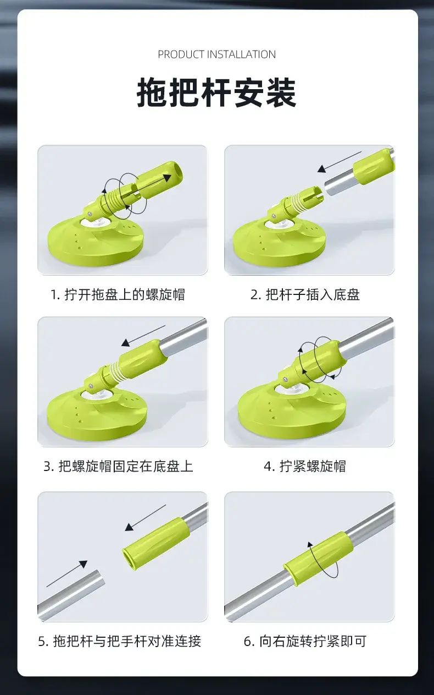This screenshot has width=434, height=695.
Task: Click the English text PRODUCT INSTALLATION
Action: coord(217,54)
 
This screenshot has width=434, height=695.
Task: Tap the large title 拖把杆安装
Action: coord(217,92)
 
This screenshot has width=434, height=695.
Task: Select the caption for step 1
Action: coord(118,294)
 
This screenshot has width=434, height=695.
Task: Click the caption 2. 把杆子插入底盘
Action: coord(305,294)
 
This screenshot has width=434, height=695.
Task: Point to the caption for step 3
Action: coord(118,466)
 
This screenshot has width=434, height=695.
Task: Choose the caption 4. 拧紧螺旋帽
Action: coord(305,466)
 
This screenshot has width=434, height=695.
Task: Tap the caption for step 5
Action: coord(120,641)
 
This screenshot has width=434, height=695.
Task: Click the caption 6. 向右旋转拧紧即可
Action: coord(305,641)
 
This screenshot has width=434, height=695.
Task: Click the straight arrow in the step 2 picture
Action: coord(339,162)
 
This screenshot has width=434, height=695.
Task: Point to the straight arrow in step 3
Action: coord(143,336)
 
